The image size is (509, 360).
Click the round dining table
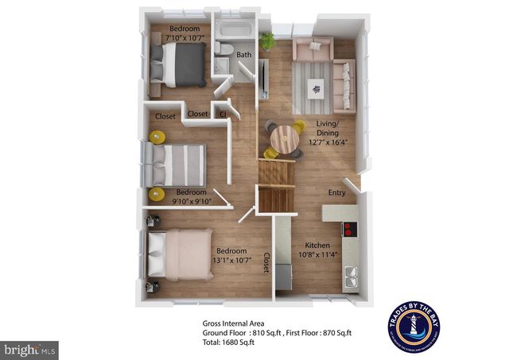tap(284, 140)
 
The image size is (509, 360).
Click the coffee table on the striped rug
tap(318, 89)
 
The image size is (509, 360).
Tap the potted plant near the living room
tap(266, 40)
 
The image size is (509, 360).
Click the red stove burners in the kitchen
tap(348, 230)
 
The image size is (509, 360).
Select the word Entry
tap(337, 192)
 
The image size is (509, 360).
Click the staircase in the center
tap(276, 184)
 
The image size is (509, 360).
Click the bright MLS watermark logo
tap(30, 349)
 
